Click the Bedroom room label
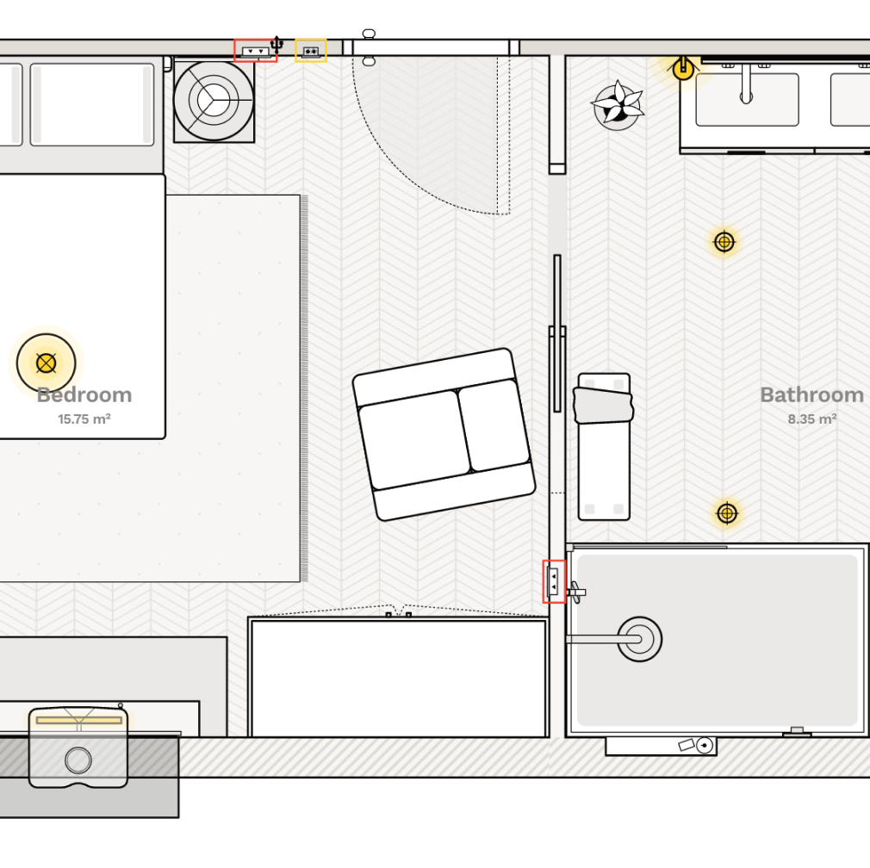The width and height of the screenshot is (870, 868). click(84, 395)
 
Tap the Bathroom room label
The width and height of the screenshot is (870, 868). click(811, 395)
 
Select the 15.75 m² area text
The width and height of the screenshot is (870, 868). click(84, 419)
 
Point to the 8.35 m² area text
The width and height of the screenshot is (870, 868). click(812, 419)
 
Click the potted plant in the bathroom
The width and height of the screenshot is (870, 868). click(617, 105)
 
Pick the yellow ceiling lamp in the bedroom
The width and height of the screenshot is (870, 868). click(46, 363)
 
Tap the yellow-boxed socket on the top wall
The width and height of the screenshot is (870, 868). click(311, 51)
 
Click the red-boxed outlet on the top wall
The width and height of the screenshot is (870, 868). click(256, 51)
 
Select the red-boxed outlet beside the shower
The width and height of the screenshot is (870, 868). click(554, 581)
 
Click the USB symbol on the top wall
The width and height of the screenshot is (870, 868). click(277, 45)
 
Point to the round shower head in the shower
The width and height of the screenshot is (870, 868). click(640, 639)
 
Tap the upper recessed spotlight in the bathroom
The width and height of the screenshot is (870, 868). click(724, 242)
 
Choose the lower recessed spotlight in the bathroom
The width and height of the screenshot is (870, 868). click(727, 513)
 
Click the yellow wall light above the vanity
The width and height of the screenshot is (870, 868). click(683, 69)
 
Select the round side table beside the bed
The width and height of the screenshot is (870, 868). click(214, 101)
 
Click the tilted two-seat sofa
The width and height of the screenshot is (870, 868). click(444, 435)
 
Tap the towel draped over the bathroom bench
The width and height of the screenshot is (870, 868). click(603, 406)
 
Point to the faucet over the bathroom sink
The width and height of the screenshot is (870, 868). click(746, 84)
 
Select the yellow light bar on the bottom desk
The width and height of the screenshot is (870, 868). click(78, 721)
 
